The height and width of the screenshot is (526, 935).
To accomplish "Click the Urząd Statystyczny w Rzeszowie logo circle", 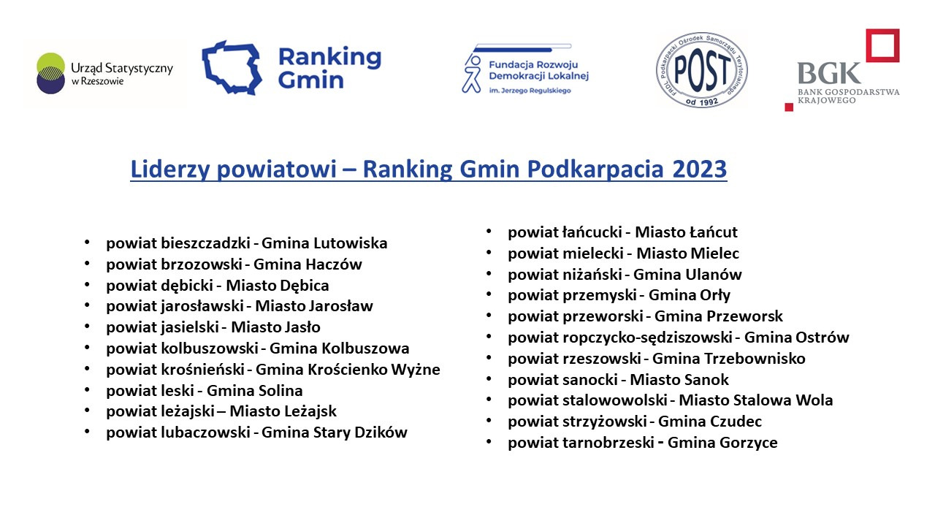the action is [50, 73].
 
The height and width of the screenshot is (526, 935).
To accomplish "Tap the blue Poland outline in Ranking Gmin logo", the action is [232, 68].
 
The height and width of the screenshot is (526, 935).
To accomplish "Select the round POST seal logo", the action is [702, 70].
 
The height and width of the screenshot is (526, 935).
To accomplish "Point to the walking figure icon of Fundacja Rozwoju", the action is [472, 74].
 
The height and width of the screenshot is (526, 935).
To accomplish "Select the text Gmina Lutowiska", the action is [324, 243].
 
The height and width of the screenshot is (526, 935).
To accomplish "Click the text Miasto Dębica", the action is [277, 286].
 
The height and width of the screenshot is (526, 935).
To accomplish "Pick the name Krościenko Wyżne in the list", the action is [373, 370].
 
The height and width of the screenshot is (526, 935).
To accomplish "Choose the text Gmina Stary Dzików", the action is [335, 432].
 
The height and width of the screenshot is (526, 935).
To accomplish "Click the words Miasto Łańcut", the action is [686, 232].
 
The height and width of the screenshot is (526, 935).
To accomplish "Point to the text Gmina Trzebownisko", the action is [729, 359].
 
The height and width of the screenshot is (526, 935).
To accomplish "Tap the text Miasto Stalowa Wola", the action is [756, 400].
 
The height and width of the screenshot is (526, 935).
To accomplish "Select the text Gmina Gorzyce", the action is [722, 443].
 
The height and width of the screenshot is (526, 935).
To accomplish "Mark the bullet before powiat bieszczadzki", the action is [87, 242].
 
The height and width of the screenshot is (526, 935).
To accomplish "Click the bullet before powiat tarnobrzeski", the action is [489, 442].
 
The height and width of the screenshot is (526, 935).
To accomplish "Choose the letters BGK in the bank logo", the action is [828, 74].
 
